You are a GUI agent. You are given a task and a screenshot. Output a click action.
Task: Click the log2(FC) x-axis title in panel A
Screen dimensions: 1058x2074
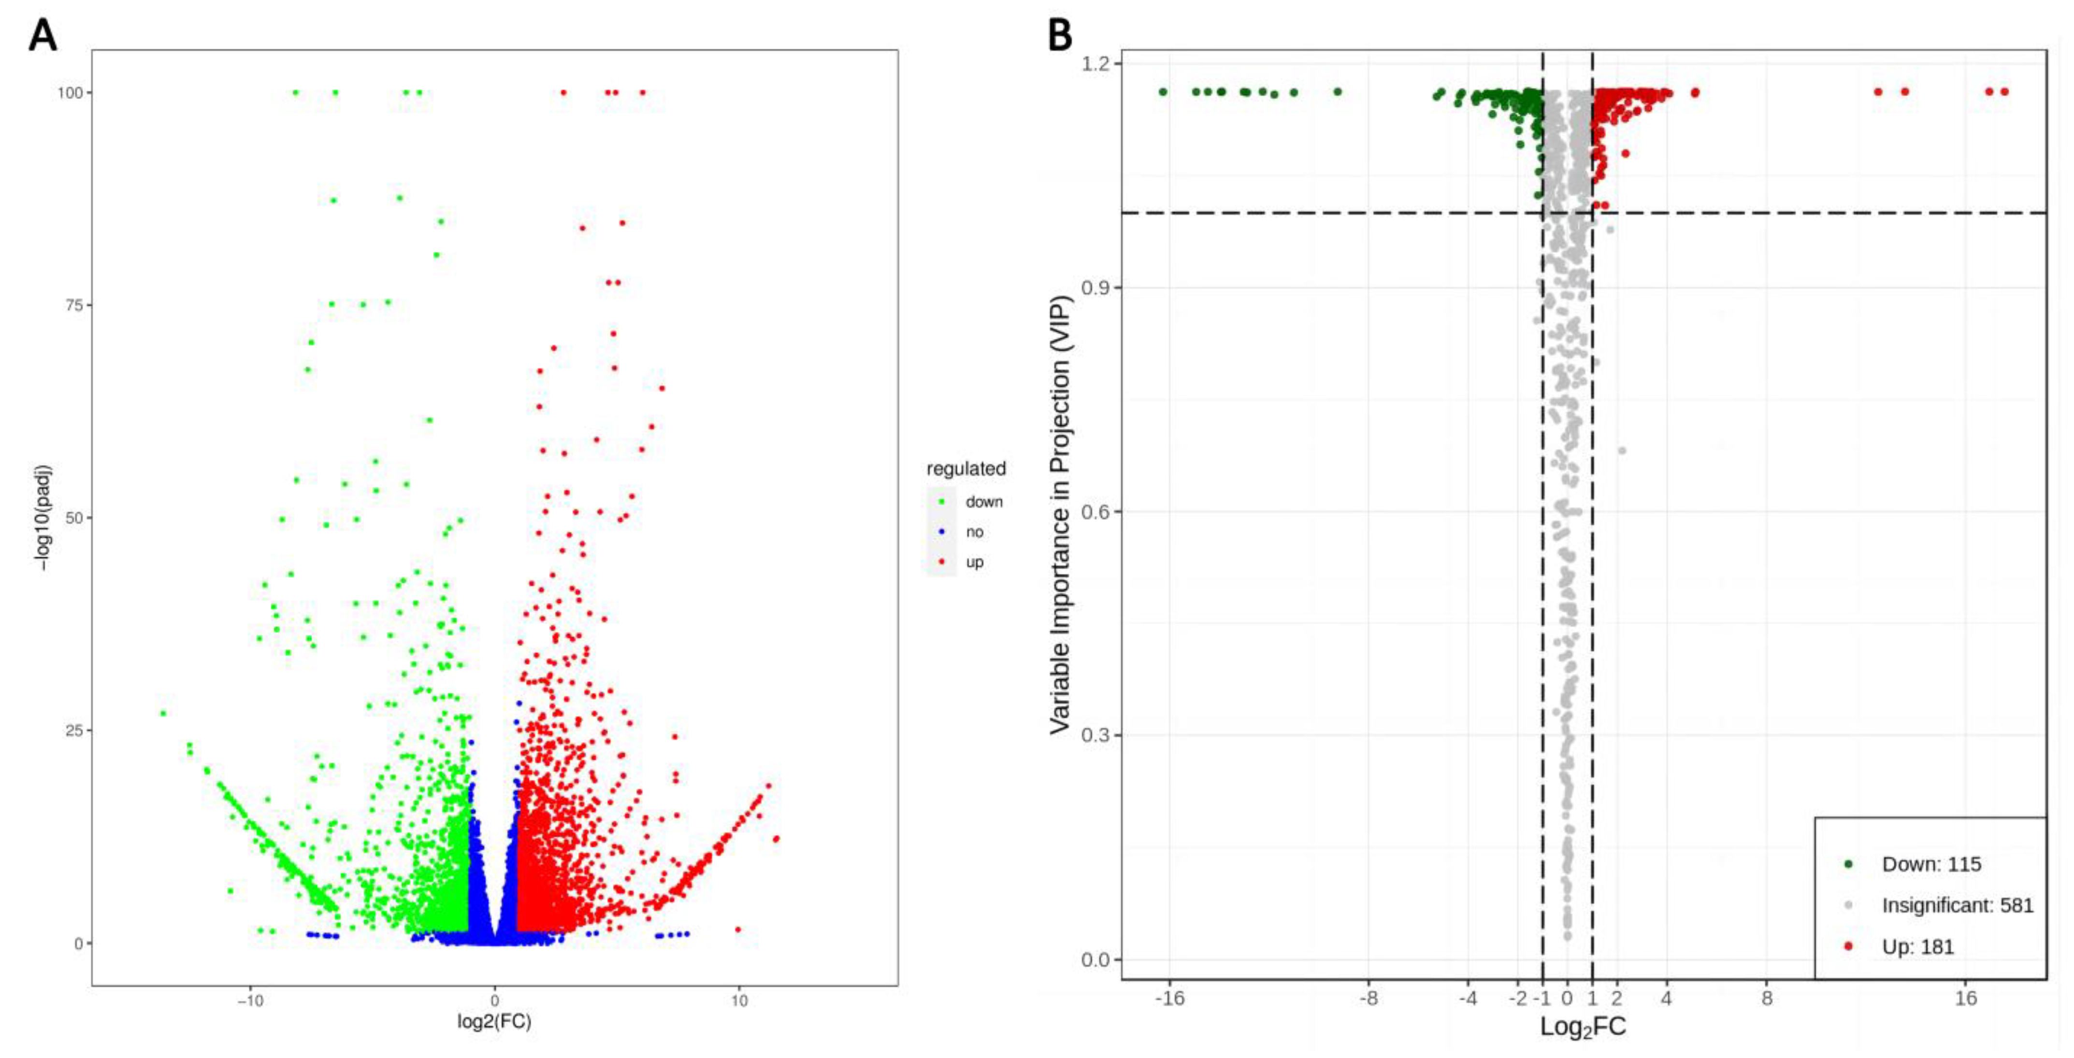click(494, 1022)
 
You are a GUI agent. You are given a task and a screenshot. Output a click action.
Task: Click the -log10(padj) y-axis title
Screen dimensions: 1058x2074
click(45, 518)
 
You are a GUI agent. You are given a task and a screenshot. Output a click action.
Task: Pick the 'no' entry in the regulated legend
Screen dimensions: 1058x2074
click(974, 532)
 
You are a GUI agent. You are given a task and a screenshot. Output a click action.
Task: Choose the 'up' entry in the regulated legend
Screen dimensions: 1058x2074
click(974, 562)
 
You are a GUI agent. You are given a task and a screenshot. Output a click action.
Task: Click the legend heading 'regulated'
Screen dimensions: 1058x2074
click(966, 469)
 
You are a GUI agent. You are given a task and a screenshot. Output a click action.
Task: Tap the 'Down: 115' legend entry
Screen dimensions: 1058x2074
click(1930, 864)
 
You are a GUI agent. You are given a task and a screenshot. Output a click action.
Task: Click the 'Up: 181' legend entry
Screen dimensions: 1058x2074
click(1918, 947)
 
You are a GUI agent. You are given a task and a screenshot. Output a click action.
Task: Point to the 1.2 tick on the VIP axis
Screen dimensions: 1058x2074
click(1096, 64)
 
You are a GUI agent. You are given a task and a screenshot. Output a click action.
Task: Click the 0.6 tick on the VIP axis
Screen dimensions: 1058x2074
click(1096, 511)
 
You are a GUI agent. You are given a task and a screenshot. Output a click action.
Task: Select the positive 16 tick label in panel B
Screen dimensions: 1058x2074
click(1965, 999)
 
